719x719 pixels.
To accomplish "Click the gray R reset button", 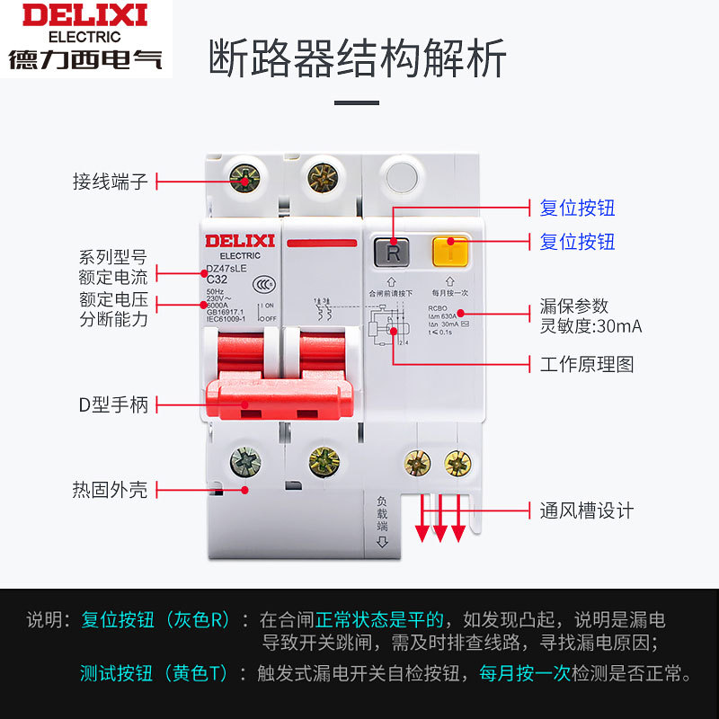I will pos(393,253).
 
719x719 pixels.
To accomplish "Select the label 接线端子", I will pos(110,182).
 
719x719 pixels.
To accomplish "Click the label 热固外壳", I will pos(110,490).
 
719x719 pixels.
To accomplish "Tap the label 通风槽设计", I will pos(587,510).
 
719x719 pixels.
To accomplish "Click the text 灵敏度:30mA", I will pos(590,326).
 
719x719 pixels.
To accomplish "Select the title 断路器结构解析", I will pos(358,58).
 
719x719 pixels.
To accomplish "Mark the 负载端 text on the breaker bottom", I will pos(382,514).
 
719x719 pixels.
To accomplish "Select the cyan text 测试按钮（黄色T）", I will pos(154,673).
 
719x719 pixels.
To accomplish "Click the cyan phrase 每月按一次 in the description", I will pos(524,673).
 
